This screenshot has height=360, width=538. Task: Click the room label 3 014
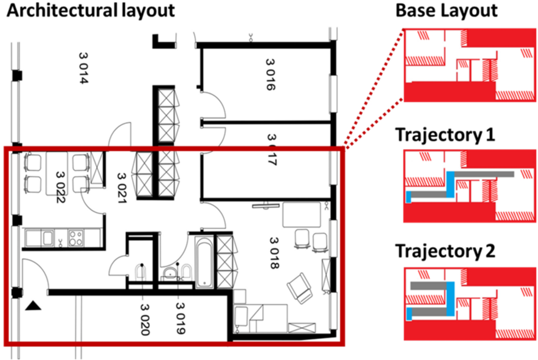84,68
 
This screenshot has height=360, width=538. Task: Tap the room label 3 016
270,74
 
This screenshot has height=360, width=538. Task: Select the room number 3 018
274,253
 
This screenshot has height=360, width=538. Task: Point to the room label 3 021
122,188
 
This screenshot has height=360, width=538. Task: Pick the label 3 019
181,318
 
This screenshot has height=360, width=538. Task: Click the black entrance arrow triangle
33,306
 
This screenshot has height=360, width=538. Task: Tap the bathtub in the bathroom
204,262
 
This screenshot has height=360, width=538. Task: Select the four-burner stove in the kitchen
76,238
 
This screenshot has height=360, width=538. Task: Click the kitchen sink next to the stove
48,238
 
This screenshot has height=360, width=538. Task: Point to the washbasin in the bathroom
169,273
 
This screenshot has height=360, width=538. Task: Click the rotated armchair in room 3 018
300,288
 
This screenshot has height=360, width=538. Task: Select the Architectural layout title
91,11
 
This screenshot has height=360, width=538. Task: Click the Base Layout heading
446,10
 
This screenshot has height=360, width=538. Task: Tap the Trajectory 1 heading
445,135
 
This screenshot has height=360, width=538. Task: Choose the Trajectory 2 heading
445,251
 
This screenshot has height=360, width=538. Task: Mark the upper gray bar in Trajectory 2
429,286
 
